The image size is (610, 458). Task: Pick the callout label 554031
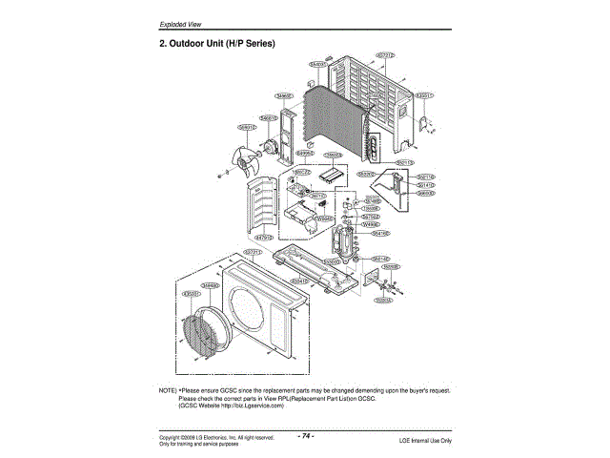coord(319,64)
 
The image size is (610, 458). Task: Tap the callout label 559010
coord(246,126)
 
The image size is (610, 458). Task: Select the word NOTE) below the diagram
coord(168,391)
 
